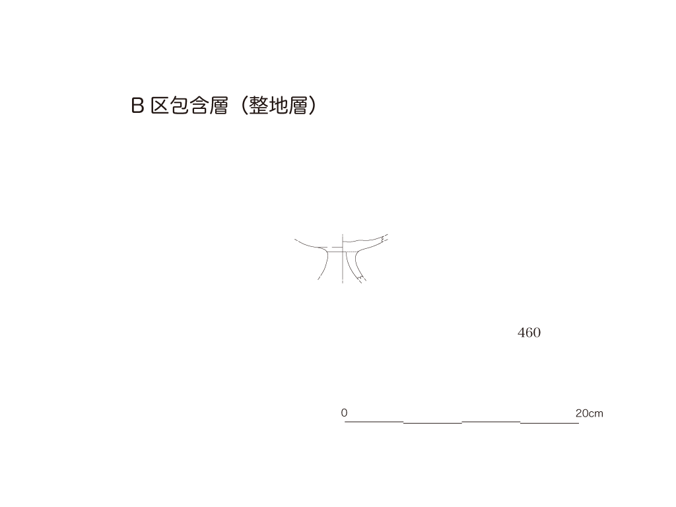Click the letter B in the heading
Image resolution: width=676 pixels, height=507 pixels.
(x=137, y=105)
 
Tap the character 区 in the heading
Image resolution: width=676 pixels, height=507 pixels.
(x=160, y=105)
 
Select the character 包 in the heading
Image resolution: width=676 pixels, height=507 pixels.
(x=180, y=105)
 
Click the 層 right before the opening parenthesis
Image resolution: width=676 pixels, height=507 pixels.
(x=219, y=105)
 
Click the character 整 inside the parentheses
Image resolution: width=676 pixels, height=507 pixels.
(x=259, y=105)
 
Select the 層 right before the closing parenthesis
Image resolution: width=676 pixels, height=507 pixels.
(x=298, y=105)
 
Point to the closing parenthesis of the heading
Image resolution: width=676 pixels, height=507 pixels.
(x=312, y=105)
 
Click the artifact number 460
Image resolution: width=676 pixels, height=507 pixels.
(x=529, y=333)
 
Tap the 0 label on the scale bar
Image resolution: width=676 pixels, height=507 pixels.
(x=344, y=413)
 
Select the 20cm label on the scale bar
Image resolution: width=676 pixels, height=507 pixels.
(x=590, y=413)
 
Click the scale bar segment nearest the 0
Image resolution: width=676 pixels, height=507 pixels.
(x=374, y=421)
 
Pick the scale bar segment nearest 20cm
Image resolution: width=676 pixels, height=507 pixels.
(x=550, y=423)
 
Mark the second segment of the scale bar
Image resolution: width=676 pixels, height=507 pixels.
(x=433, y=423)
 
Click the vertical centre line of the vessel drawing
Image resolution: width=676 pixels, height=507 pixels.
(x=343, y=259)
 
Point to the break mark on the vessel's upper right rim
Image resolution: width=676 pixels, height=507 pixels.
(x=385, y=237)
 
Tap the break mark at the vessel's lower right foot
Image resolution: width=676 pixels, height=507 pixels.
(x=361, y=279)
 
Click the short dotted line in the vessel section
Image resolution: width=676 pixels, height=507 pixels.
(x=350, y=252)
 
